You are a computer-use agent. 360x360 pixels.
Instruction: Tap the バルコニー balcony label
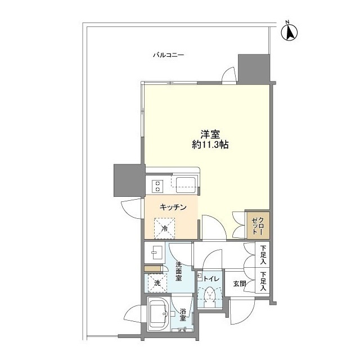click(x=169, y=55)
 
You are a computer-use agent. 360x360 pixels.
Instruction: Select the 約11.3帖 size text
click(x=210, y=145)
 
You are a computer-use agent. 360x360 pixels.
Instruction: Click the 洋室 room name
click(x=210, y=134)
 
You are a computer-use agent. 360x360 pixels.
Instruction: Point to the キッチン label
click(x=173, y=208)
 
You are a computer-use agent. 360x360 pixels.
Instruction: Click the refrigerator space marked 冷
click(x=165, y=228)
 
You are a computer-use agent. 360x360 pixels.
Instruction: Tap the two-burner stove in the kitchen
click(x=157, y=186)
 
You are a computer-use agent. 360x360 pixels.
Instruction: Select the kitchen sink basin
click(x=186, y=185)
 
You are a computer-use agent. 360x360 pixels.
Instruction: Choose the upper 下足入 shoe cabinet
click(x=263, y=254)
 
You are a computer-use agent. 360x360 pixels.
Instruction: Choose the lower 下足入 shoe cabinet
click(x=263, y=281)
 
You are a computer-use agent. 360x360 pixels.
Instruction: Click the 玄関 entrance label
click(x=240, y=283)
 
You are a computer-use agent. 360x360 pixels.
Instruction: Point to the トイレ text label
click(x=211, y=279)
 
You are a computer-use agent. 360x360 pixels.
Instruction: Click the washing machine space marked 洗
click(x=157, y=283)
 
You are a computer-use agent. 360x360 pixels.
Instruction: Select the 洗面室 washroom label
click(x=179, y=271)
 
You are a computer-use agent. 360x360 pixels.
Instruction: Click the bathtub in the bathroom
click(x=158, y=314)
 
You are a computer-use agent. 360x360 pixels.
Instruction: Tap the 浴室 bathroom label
click(x=183, y=314)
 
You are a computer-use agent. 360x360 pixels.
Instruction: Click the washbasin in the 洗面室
click(x=154, y=253)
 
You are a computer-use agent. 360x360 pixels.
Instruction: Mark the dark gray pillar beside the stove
click(x=129, y=180)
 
